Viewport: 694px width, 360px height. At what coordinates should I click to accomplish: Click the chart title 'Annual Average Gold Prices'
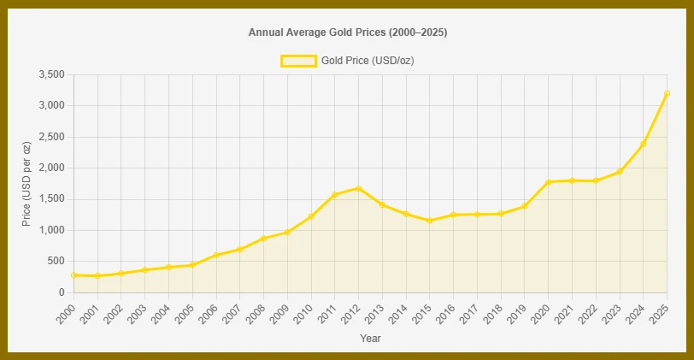click(347, 32)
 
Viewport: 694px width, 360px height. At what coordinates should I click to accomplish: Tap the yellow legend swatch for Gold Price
click(298, 61)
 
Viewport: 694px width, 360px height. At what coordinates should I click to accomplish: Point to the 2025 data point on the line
click(666, 93)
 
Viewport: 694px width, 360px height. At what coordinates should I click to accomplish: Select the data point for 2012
click(358, 188)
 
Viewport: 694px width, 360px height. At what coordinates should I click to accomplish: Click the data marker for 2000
click(74, 275)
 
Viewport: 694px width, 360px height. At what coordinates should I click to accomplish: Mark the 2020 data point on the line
click(548, 182)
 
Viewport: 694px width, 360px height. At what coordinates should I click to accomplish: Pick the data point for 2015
click(429, 221)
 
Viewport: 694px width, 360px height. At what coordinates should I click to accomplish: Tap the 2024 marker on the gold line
click(643, 144)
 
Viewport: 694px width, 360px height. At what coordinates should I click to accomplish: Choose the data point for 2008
click(263, 238)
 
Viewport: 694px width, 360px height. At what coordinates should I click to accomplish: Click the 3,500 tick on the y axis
click(51, 75)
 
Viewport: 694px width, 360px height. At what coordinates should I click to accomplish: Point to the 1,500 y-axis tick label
click(51, 199)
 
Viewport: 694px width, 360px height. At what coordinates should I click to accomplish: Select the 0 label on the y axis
click(62, 292)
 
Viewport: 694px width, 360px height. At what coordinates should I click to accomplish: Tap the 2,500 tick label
click(51, 137)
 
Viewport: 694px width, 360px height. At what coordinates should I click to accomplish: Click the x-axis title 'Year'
click(370, 339)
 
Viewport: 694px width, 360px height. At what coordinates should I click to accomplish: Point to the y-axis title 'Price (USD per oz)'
click(26, 184)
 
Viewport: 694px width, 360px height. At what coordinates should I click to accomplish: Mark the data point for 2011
click(334, 195)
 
